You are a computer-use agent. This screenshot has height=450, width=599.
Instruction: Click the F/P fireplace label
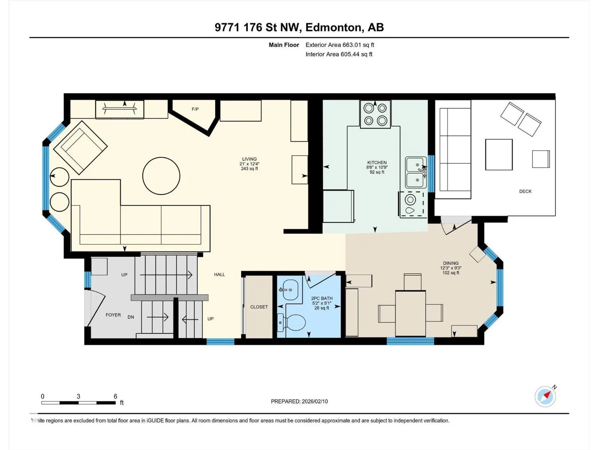click(195, 109)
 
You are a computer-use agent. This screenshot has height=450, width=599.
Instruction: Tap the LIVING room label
click(249, 159)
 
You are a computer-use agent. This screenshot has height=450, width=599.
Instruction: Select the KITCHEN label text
click(377, 163)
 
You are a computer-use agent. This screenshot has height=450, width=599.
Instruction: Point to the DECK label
click(525, 192)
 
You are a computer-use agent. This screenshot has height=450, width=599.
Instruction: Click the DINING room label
click(451, 263)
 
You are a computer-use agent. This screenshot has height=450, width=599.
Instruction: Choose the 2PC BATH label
click(322, 298)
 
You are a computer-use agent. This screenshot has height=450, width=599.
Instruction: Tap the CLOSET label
click(259, 307)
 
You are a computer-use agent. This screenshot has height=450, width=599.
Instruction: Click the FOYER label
click(113, 315)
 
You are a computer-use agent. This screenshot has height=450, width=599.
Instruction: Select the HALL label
click(219, 274)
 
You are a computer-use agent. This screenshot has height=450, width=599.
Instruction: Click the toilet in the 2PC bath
click(291, 322)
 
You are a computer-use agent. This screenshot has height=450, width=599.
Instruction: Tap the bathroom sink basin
click(289, 289)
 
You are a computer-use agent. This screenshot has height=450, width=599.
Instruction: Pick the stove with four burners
click(375, 114)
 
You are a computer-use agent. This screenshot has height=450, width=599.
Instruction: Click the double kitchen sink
click(416, 172)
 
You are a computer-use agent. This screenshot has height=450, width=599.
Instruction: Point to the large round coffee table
click(161, 176)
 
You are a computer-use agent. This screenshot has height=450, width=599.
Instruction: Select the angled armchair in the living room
click(80, 147)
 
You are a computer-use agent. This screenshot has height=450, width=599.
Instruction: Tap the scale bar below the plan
click(78, 403)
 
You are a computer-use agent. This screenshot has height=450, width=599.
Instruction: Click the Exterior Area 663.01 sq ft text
click(340, 45)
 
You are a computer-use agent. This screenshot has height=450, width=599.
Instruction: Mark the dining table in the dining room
click(410, 313)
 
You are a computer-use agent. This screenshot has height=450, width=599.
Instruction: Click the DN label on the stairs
click(131, 317)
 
